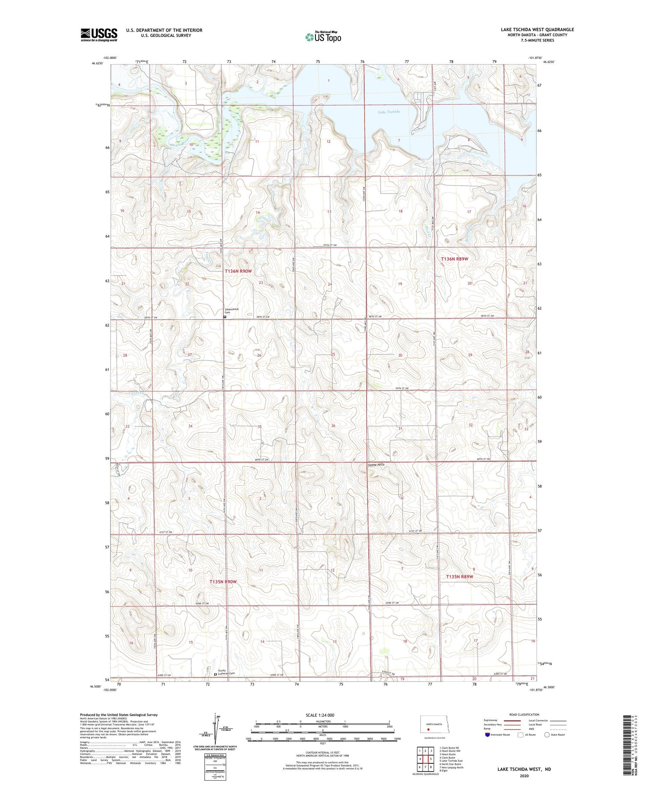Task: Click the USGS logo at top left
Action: click(x=99, y=34)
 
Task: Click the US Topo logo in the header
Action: click(x=323, y=37)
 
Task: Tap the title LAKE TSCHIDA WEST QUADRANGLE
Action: click(x=537, y=29)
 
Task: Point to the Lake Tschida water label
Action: click(x=388, y=112)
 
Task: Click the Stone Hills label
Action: click(x=376, y=465)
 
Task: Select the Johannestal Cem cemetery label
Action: click(x=231, y=310)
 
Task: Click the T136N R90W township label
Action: click(x=238, y=271)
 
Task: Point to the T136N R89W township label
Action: click(x=454, y=258)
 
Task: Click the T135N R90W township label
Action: click(x=223, y=581)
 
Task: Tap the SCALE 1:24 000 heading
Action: click(x=320, y=715)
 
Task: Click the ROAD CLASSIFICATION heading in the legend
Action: click(x=524, y=714)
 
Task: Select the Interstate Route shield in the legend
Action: click(x=487, y=734)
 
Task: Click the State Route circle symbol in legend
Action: click(x=547, y=734)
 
